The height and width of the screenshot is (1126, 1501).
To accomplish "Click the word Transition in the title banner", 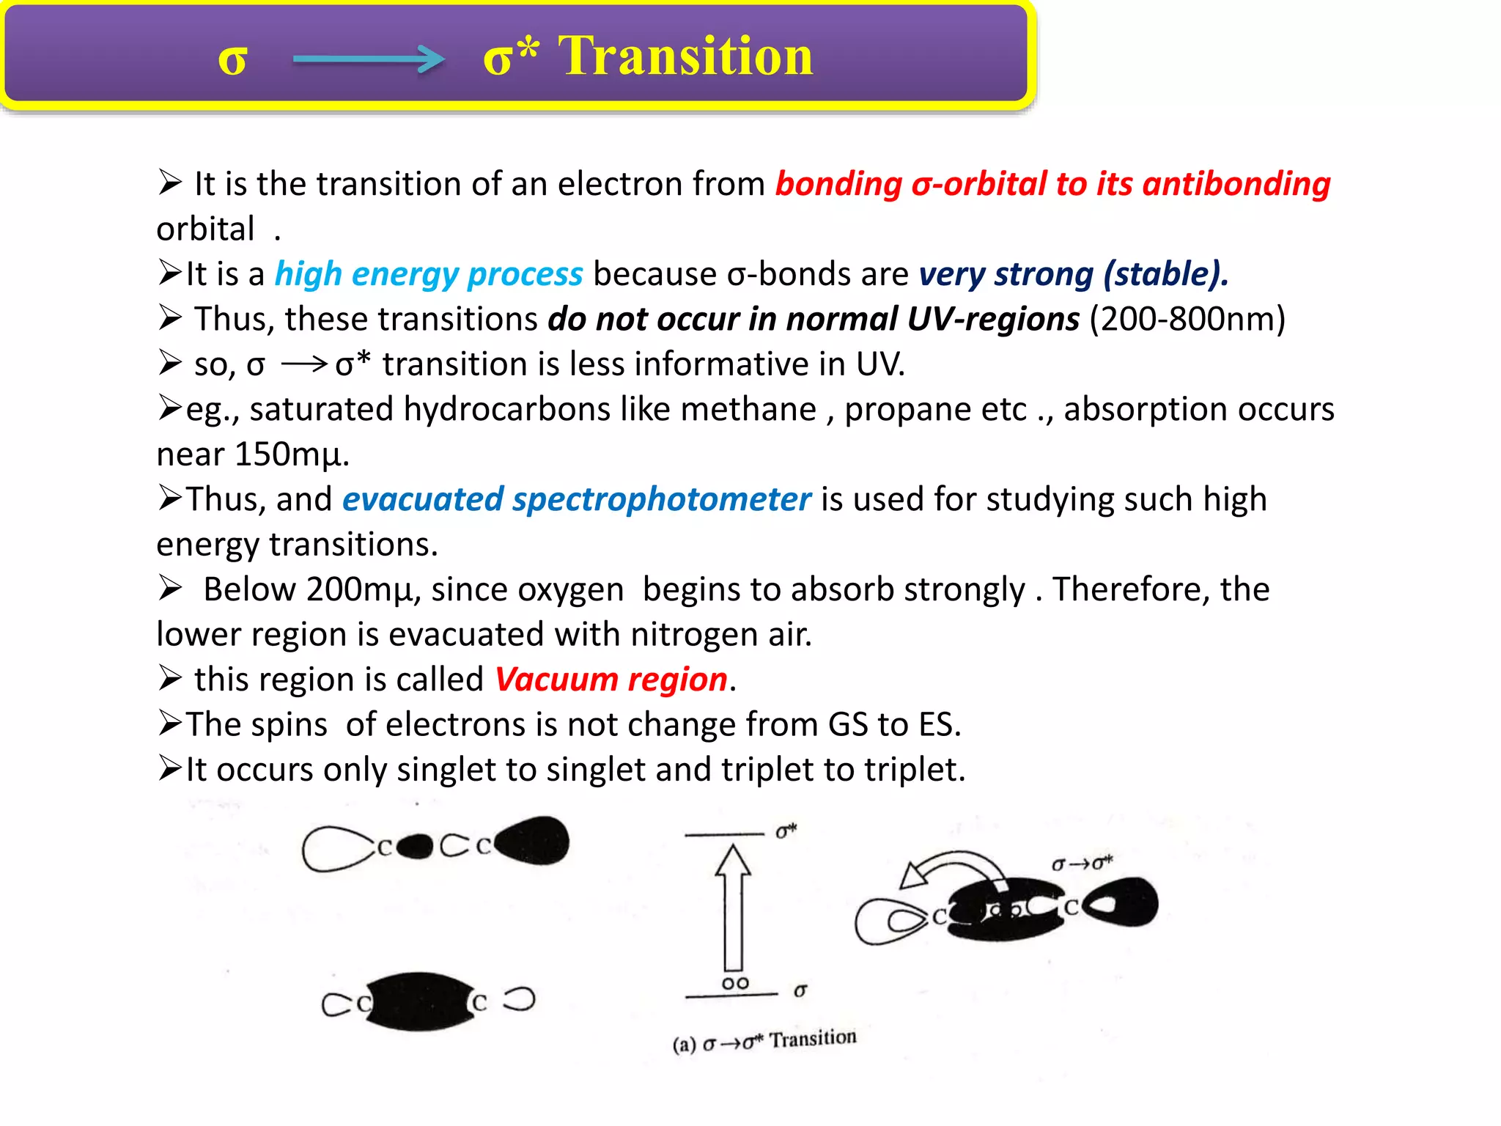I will click(685, 57).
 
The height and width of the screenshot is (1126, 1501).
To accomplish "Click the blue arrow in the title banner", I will click(368, 59).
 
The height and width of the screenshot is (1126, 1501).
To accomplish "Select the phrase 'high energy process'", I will click(429, 274).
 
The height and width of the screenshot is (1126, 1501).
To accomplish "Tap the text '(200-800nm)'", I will click(1187, 320).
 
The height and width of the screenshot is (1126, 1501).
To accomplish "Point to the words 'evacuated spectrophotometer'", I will click(577, 500).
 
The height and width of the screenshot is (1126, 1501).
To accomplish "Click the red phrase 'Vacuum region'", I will click(611, 680).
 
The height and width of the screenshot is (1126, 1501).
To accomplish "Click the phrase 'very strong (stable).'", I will click(1074, 274).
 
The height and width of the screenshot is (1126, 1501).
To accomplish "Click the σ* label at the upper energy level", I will click(786, 831).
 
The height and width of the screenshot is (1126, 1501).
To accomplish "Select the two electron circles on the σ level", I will click(735, 983).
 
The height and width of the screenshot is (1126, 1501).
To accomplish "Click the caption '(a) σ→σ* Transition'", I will click(764, 1040).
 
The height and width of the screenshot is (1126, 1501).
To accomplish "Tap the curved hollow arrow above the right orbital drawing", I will click(953, 869).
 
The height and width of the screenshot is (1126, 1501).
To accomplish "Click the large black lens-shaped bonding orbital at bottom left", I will click(419, 1001).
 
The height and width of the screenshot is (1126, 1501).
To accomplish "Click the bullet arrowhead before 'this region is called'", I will click(170, 679).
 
